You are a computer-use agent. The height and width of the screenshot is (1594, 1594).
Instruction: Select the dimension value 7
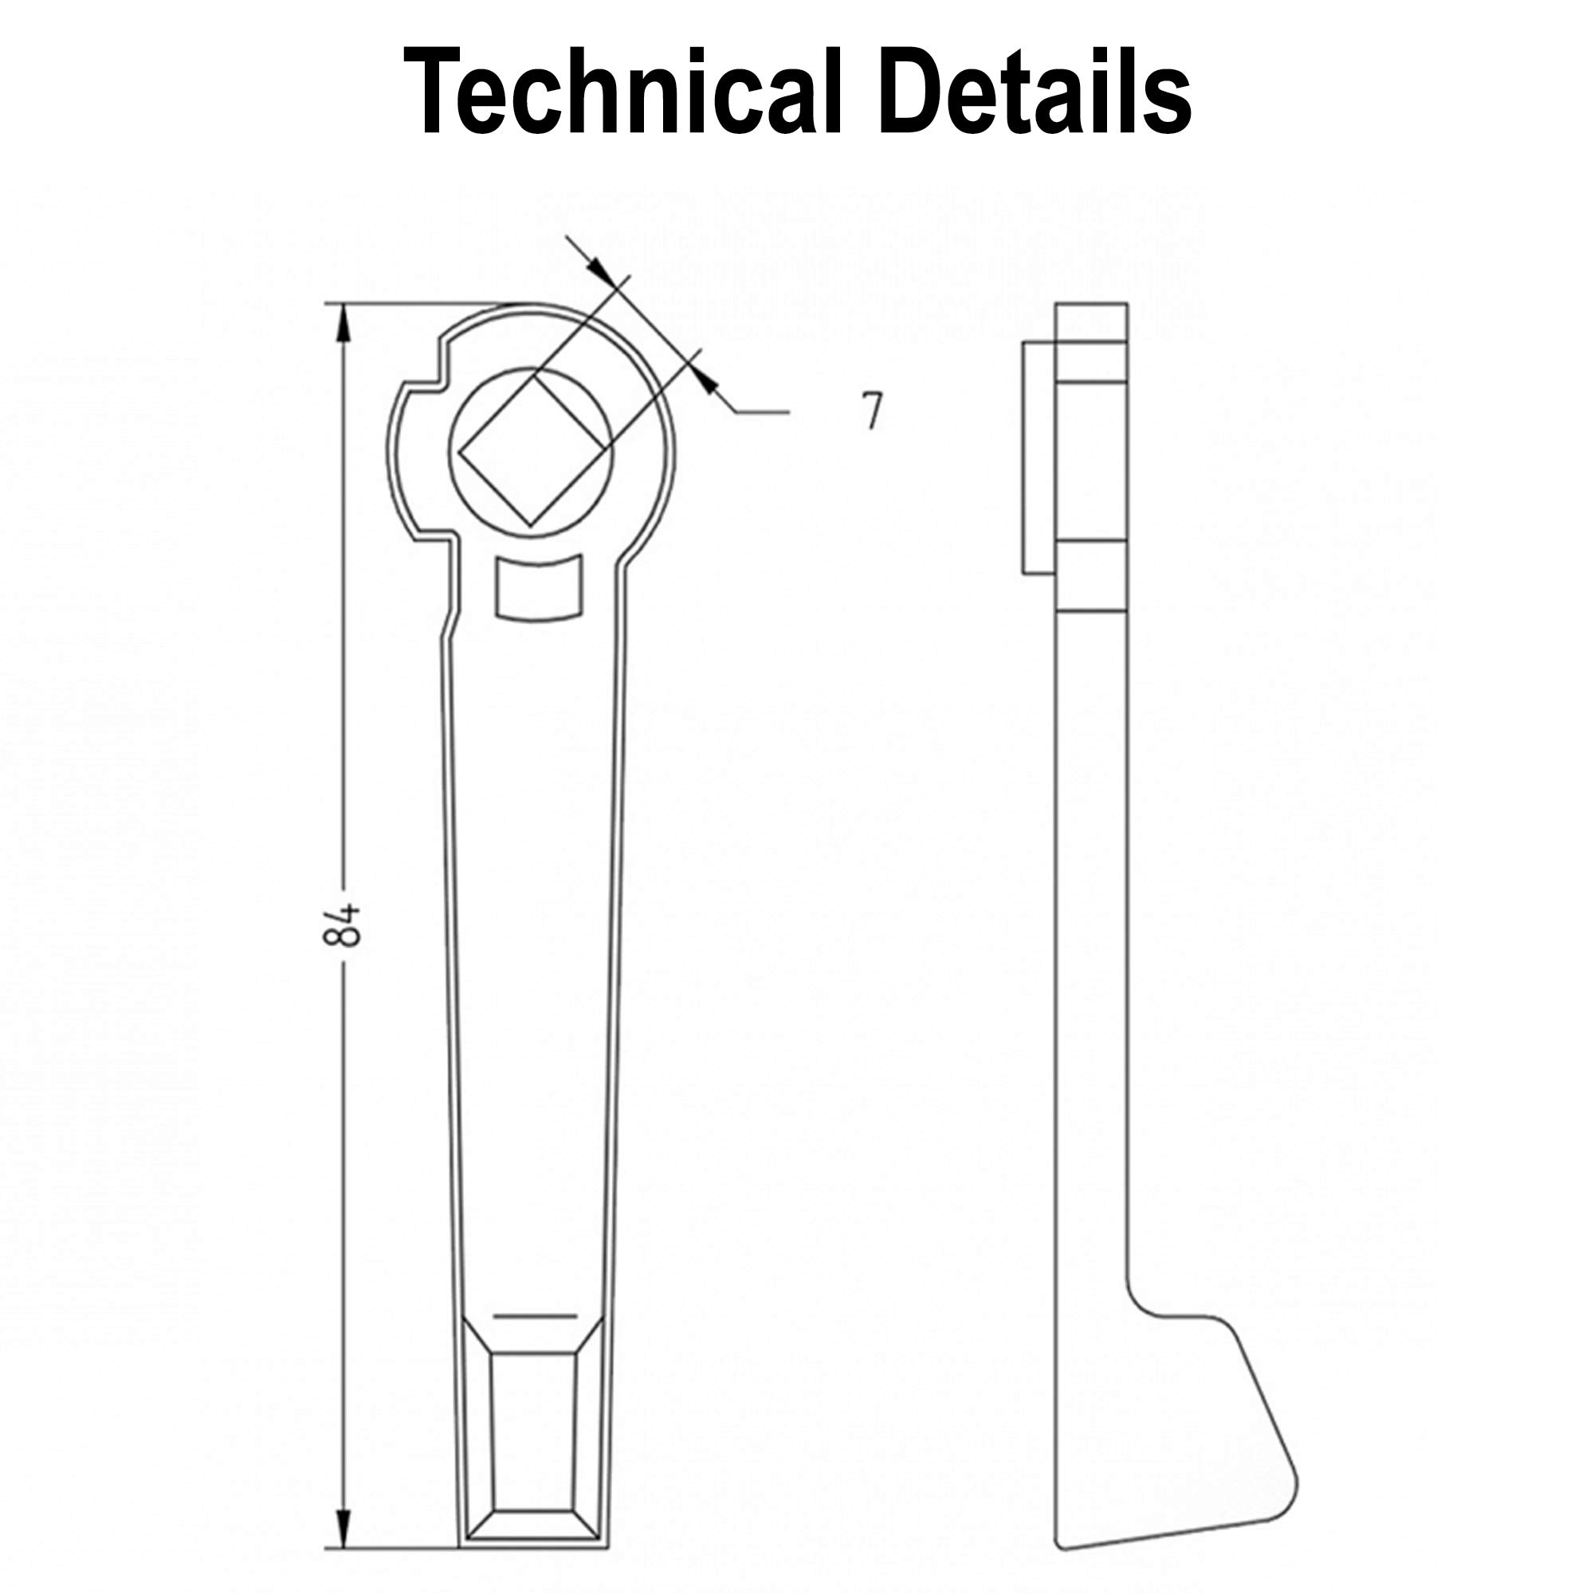click(872, 410)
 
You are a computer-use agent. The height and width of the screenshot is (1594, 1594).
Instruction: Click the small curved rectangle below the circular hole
click(539, 587)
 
